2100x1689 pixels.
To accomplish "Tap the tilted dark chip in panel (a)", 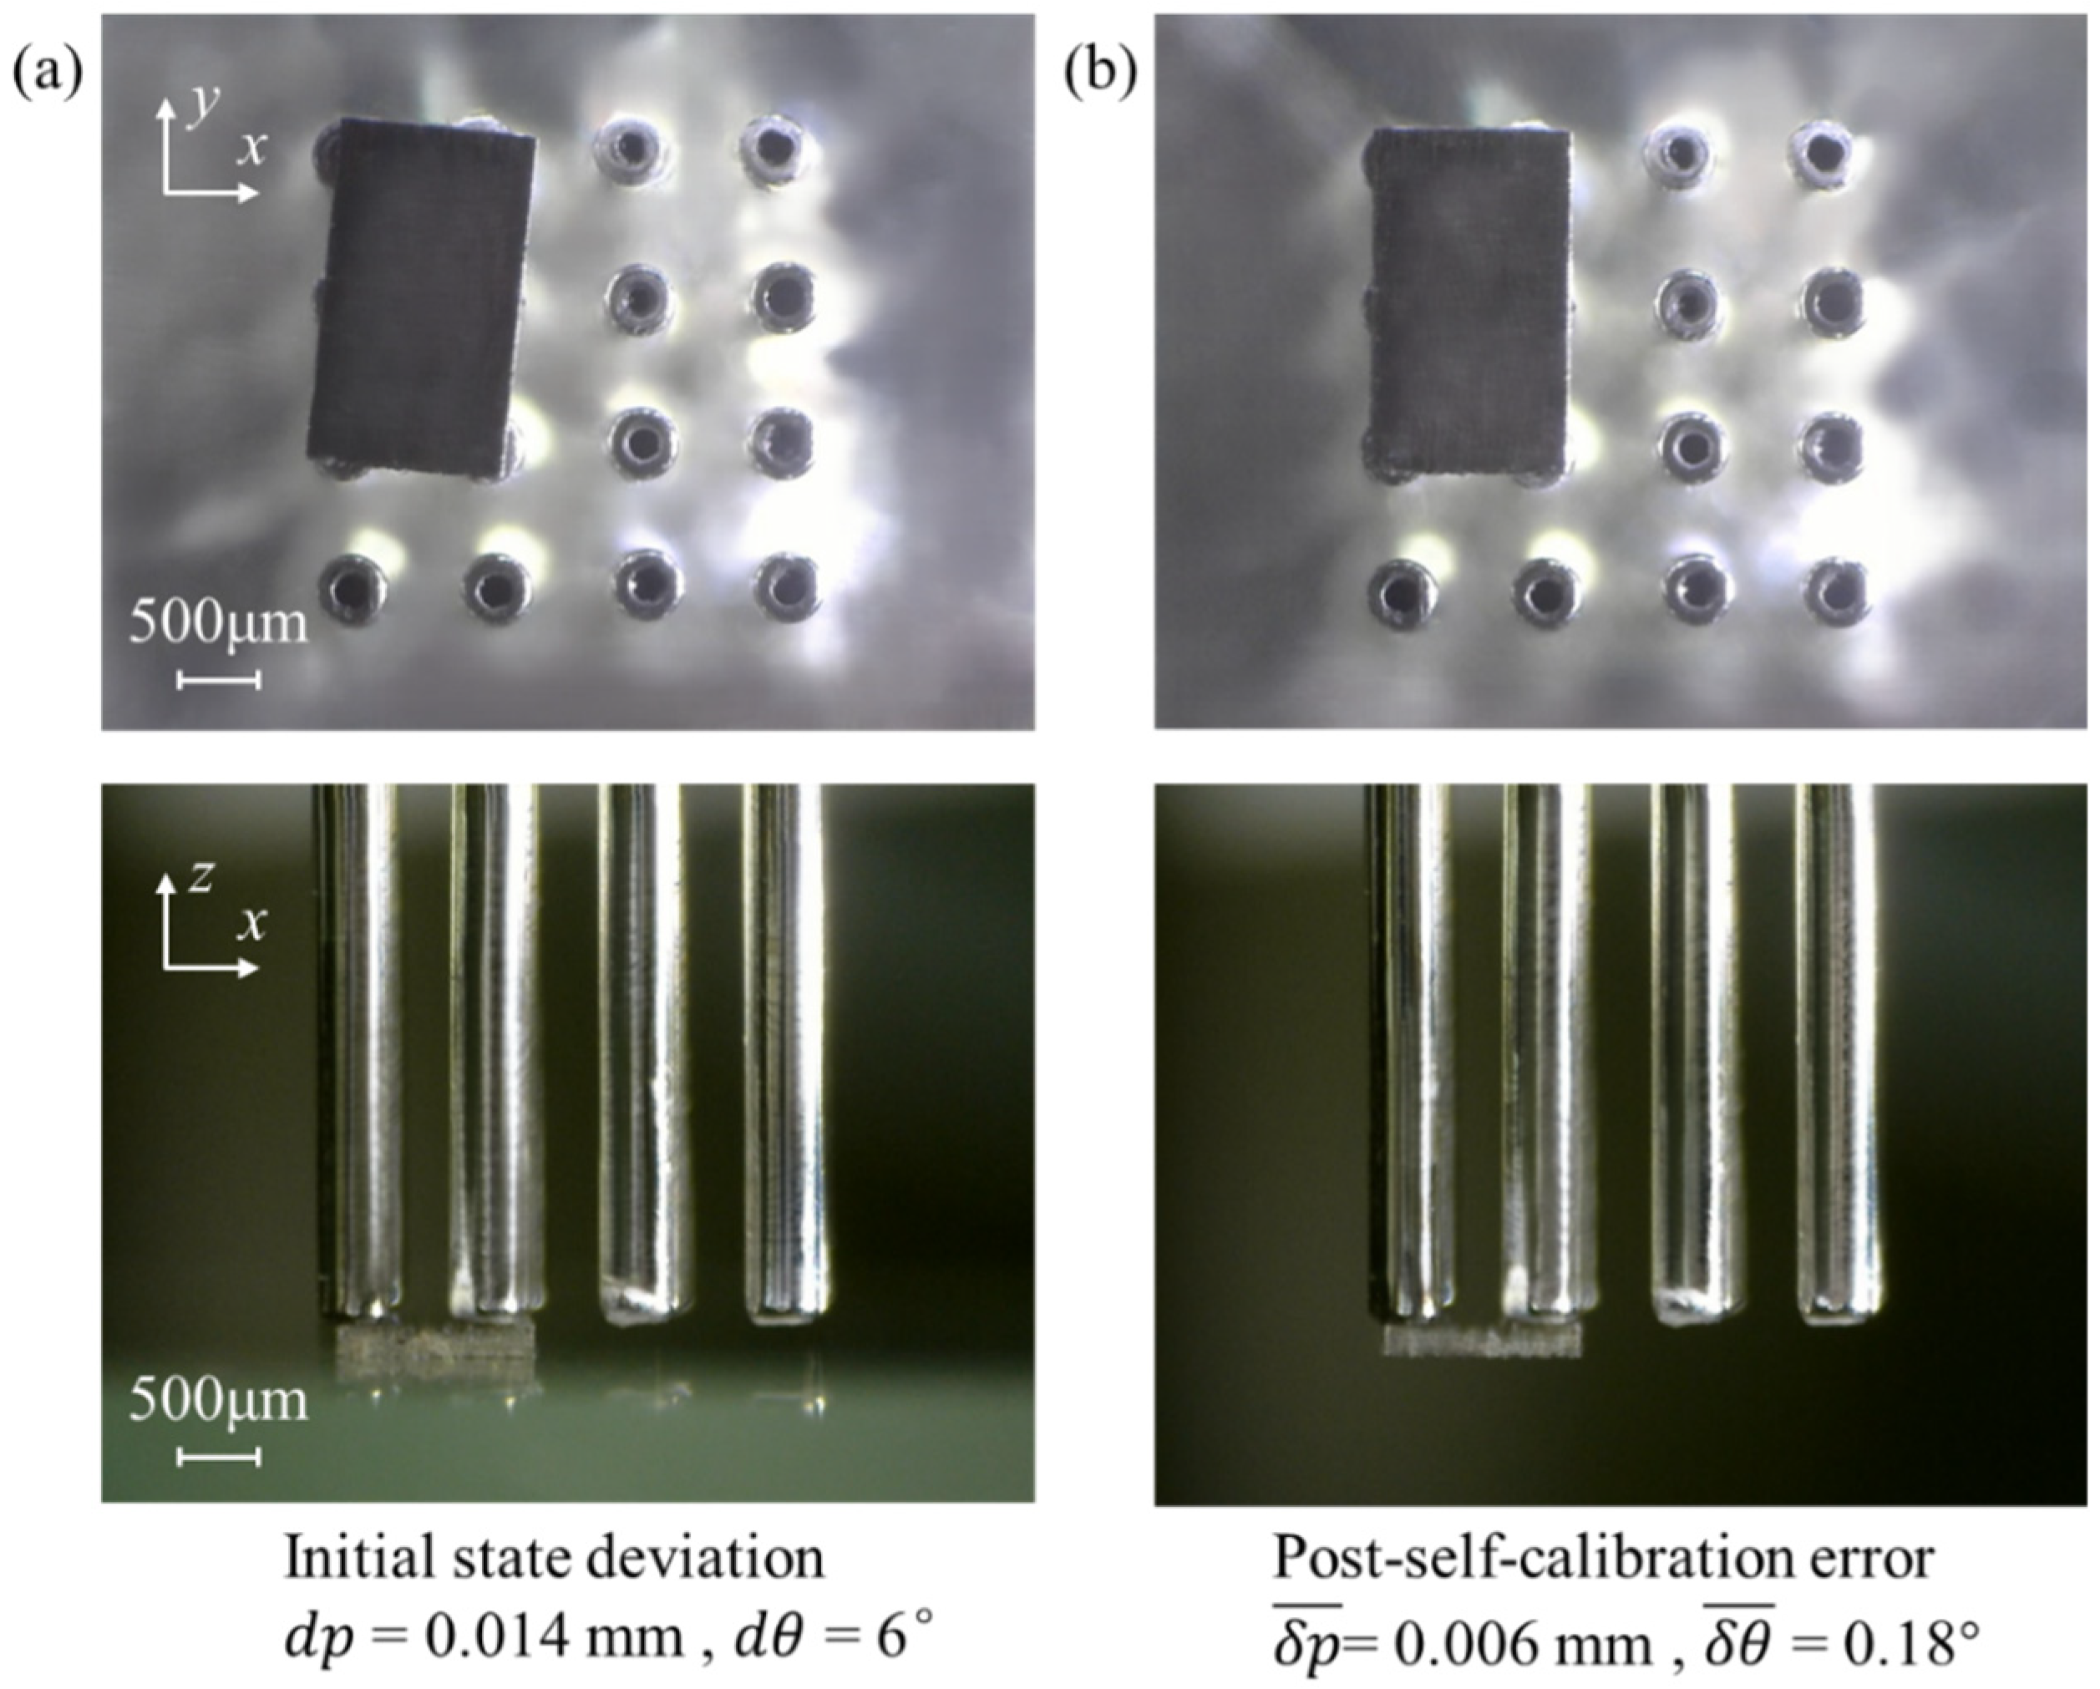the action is click(x=422, y=300).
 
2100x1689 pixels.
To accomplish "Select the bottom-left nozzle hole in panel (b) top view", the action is click(x=1402, y=592).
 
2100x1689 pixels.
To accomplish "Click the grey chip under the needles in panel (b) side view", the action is click(x=1483, y=1342).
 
